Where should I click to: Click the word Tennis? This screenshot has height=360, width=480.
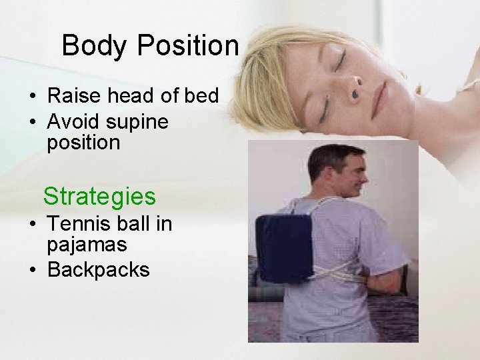(x=75, y=224)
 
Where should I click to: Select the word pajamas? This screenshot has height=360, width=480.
(x=87, y=245)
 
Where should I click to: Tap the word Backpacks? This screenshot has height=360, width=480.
(x=98, y=269)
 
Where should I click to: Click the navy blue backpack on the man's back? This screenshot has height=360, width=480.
(x=285, y=247)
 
